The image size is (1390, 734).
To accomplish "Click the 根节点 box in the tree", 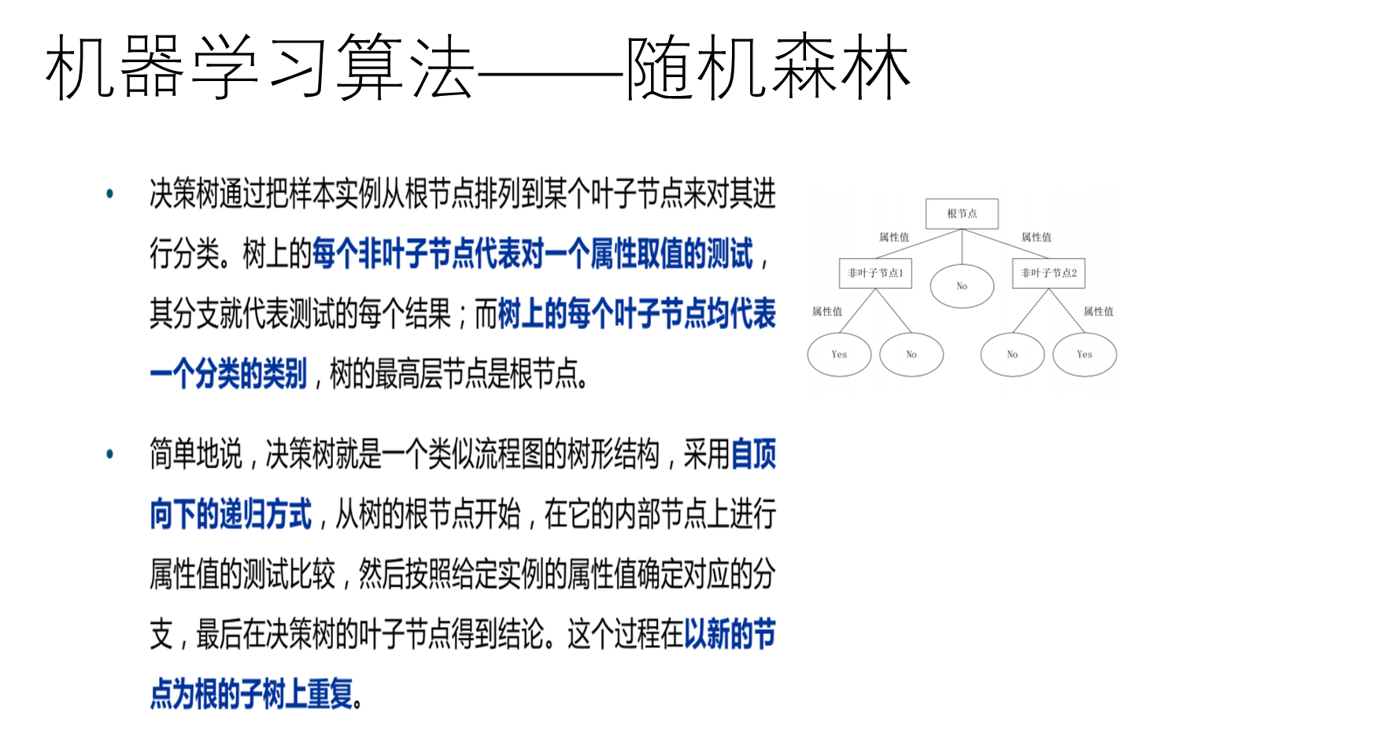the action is (x=962, y=213).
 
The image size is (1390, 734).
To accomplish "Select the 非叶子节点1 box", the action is (x=875, y=273).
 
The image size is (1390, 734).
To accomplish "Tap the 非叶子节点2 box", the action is (x=1048, y=273).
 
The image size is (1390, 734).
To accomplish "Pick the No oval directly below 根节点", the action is (x=962, y=286).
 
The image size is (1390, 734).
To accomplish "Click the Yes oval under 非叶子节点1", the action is (x=839, y=354).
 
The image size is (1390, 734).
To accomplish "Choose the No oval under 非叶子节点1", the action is (x=911, y=354).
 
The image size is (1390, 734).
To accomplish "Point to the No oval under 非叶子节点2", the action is (x=1012, y=354).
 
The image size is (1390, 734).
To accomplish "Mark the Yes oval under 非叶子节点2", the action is (x=1085, y=354).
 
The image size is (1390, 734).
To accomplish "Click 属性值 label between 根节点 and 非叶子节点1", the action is (x=894, y=237).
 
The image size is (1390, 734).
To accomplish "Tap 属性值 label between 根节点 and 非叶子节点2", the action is (x=1036, y=237).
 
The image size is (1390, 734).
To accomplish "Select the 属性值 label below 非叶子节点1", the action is (x=827, y=312).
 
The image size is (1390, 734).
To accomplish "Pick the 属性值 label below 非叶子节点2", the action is (x=1098, y=312).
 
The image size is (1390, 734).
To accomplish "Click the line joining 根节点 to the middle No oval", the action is (x=962, y=247).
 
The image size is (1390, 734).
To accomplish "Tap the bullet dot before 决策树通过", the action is (x=110, y=194).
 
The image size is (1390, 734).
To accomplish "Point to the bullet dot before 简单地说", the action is (x=110, y=454).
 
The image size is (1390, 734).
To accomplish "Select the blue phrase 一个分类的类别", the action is (x=228, y=374).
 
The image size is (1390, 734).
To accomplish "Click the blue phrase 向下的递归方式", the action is (x=231, y=515).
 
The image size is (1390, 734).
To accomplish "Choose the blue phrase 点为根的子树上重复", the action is (x=251, y=694).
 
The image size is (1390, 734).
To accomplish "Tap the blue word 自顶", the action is (x=753, y=455).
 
